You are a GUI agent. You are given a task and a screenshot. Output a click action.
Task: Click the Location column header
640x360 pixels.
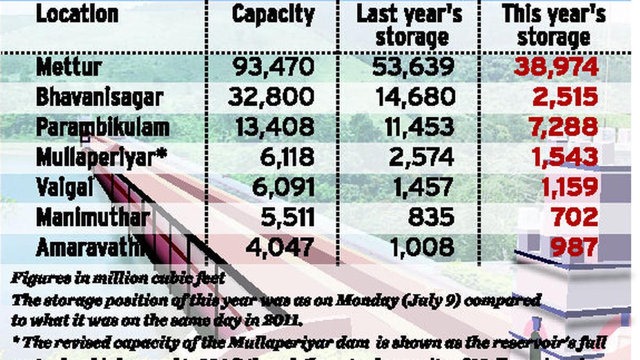point(77,14)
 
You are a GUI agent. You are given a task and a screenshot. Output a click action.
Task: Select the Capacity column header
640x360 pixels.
point(273,15)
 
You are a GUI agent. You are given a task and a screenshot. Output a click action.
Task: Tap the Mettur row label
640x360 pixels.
point(69,67)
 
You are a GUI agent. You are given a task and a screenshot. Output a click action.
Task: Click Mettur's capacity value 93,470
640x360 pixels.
point(274,67)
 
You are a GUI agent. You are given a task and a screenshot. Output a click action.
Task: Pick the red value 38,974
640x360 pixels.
point(556,67)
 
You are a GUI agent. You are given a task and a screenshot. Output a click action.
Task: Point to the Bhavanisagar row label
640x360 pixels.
point(99,97)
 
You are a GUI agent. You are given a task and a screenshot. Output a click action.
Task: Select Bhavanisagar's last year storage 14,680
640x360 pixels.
point(415,97)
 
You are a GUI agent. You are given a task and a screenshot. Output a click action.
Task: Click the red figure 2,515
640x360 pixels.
point(565,97)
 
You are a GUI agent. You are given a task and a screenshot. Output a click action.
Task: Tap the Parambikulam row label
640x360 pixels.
point(103,127)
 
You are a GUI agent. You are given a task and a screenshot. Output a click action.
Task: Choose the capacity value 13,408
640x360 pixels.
point(271,127)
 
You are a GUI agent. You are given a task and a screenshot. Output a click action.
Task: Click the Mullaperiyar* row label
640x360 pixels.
point(101,157)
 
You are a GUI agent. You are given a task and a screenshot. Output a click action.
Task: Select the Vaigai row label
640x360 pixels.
point(65,187)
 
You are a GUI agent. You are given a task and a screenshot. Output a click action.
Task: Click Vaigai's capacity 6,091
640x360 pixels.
point(281,187)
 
